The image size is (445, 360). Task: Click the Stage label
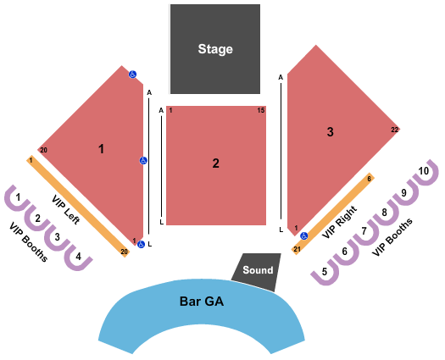[215, 49]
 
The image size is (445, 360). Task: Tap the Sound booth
[257, 272]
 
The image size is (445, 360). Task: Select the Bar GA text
[202, 301]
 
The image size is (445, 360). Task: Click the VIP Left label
[65, 209]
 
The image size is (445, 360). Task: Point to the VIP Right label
[339, 222]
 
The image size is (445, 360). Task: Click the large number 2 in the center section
[215, 163]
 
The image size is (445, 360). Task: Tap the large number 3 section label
[330, 132]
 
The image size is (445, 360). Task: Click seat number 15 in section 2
[261, 110]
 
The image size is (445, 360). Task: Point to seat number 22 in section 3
[395, 130]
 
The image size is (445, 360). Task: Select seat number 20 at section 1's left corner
[43, 150]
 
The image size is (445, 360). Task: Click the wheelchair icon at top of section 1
[132, 75]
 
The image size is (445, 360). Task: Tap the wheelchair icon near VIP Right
[304, 235]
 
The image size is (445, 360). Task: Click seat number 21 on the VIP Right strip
[297, 249]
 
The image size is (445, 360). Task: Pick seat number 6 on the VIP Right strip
[370, 179]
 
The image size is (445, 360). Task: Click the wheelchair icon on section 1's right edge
[143, 161]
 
